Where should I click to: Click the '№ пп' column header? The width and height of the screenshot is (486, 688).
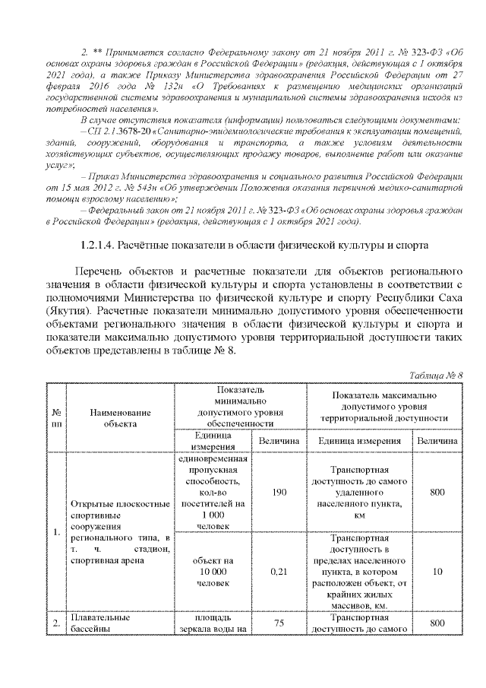click(x=56, y=417)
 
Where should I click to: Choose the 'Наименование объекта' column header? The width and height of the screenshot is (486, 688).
click(x=121, y=417)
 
